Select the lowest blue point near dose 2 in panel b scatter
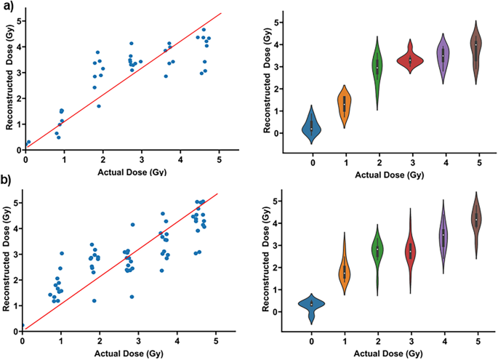(94, 300)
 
